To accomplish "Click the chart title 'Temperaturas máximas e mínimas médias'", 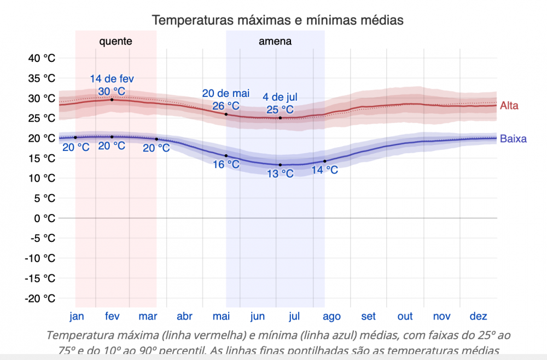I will point(277,20).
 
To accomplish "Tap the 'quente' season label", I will point(115,41).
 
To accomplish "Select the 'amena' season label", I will point(275,41).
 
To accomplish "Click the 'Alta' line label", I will point(509,106).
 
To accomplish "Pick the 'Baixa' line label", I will point(513,138).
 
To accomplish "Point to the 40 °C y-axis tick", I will point(42,58).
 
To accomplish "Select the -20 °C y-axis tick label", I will point(40,299).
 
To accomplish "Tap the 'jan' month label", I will point(77,316).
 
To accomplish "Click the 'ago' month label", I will point(331,316).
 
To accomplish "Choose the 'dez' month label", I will point(478,316).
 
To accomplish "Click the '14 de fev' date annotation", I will point(112,78).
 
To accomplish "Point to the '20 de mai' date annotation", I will point(225,93).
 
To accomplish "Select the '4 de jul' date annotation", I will point(280,97).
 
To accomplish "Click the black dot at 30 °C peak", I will point(112,100).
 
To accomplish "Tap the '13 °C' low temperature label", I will point(280,173).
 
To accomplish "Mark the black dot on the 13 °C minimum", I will point(280,165).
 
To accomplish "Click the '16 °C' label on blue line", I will point(226,164).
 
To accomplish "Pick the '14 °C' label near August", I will point(324,170).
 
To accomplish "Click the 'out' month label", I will point(405,316).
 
